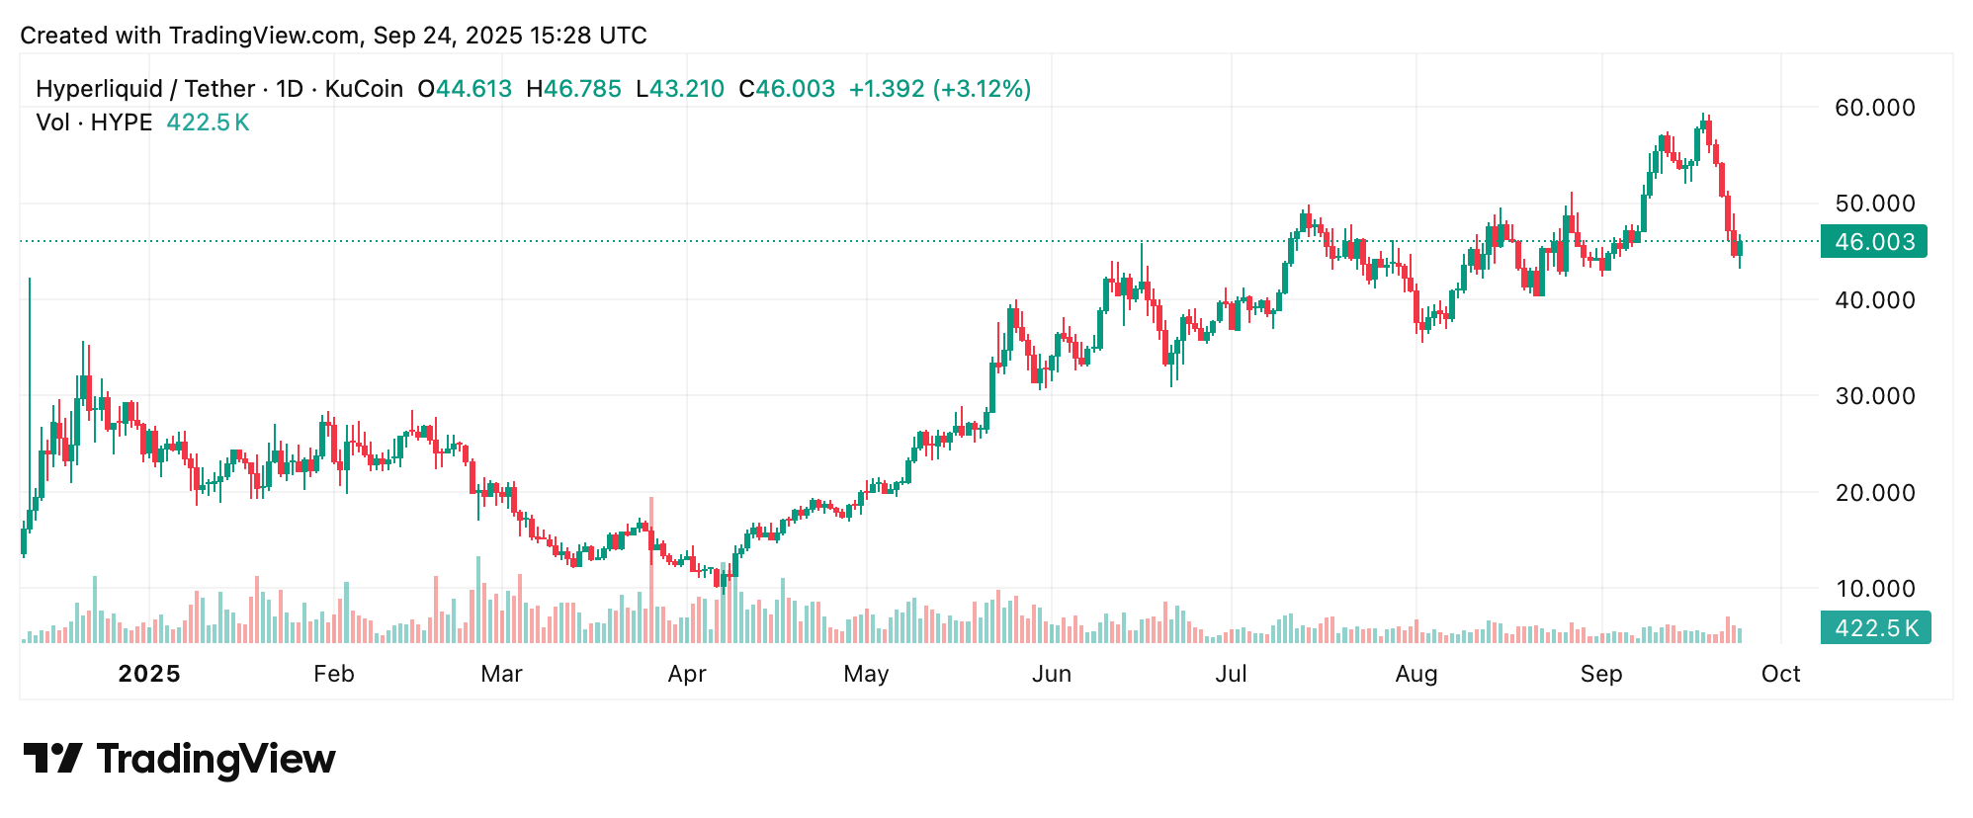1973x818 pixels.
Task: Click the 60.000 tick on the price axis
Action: [x=1874, y=108]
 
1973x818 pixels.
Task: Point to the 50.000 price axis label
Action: [x=1874, y=204]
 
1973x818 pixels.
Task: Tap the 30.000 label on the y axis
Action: [x=1874, y=396]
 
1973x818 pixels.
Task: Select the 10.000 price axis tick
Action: [x=1874, y=589]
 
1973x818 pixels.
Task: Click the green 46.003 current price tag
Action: [x=1873, y=242]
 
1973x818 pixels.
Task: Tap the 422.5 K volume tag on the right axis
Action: [x=1875, y=628]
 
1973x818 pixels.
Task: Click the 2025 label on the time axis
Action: [x=149, y=674]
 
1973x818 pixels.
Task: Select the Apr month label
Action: [x=687, y=674]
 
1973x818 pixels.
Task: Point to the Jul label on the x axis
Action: [x=1231, y=674]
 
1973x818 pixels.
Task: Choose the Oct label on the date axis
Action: [x=1780, y=674]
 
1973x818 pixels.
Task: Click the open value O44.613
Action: [x=465, y=89]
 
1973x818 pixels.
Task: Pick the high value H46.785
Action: [x=573, y=89]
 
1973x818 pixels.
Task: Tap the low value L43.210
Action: [x=680, y=89]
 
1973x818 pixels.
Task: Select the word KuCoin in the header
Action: [x=364, y=89]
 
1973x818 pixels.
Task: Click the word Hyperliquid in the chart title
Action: [x=99, y=89]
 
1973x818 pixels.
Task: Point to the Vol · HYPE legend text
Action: [x=94, y=123]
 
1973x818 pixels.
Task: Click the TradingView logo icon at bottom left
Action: [x=52, y=759]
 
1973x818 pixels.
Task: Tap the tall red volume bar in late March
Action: [x=651, y=573]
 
